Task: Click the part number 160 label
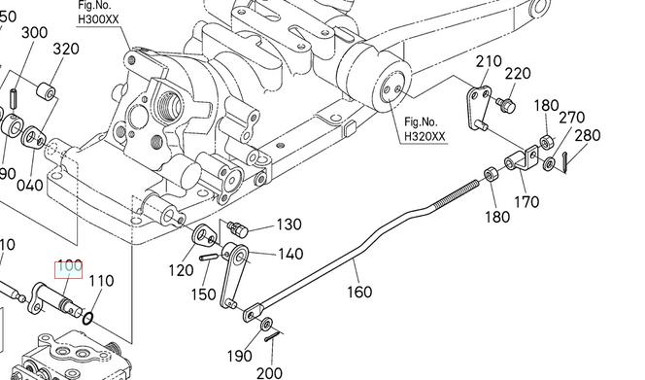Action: click(359, 292)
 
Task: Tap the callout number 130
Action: click(289, 225)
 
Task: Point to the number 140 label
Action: click(290, 254)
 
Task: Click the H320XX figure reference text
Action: click(424, 136)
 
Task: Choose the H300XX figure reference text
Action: click(98, 18)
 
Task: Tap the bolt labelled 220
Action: click(506, 105)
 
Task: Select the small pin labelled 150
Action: click(210, 258)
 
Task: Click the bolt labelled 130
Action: click(238, 229)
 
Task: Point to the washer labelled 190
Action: click(266, 324)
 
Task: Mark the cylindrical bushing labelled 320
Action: click(46, 91)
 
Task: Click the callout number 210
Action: click(489, 62)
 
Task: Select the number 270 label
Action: click(571, 118)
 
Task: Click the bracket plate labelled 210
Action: click(478, 108)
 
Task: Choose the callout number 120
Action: click(181, 270)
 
